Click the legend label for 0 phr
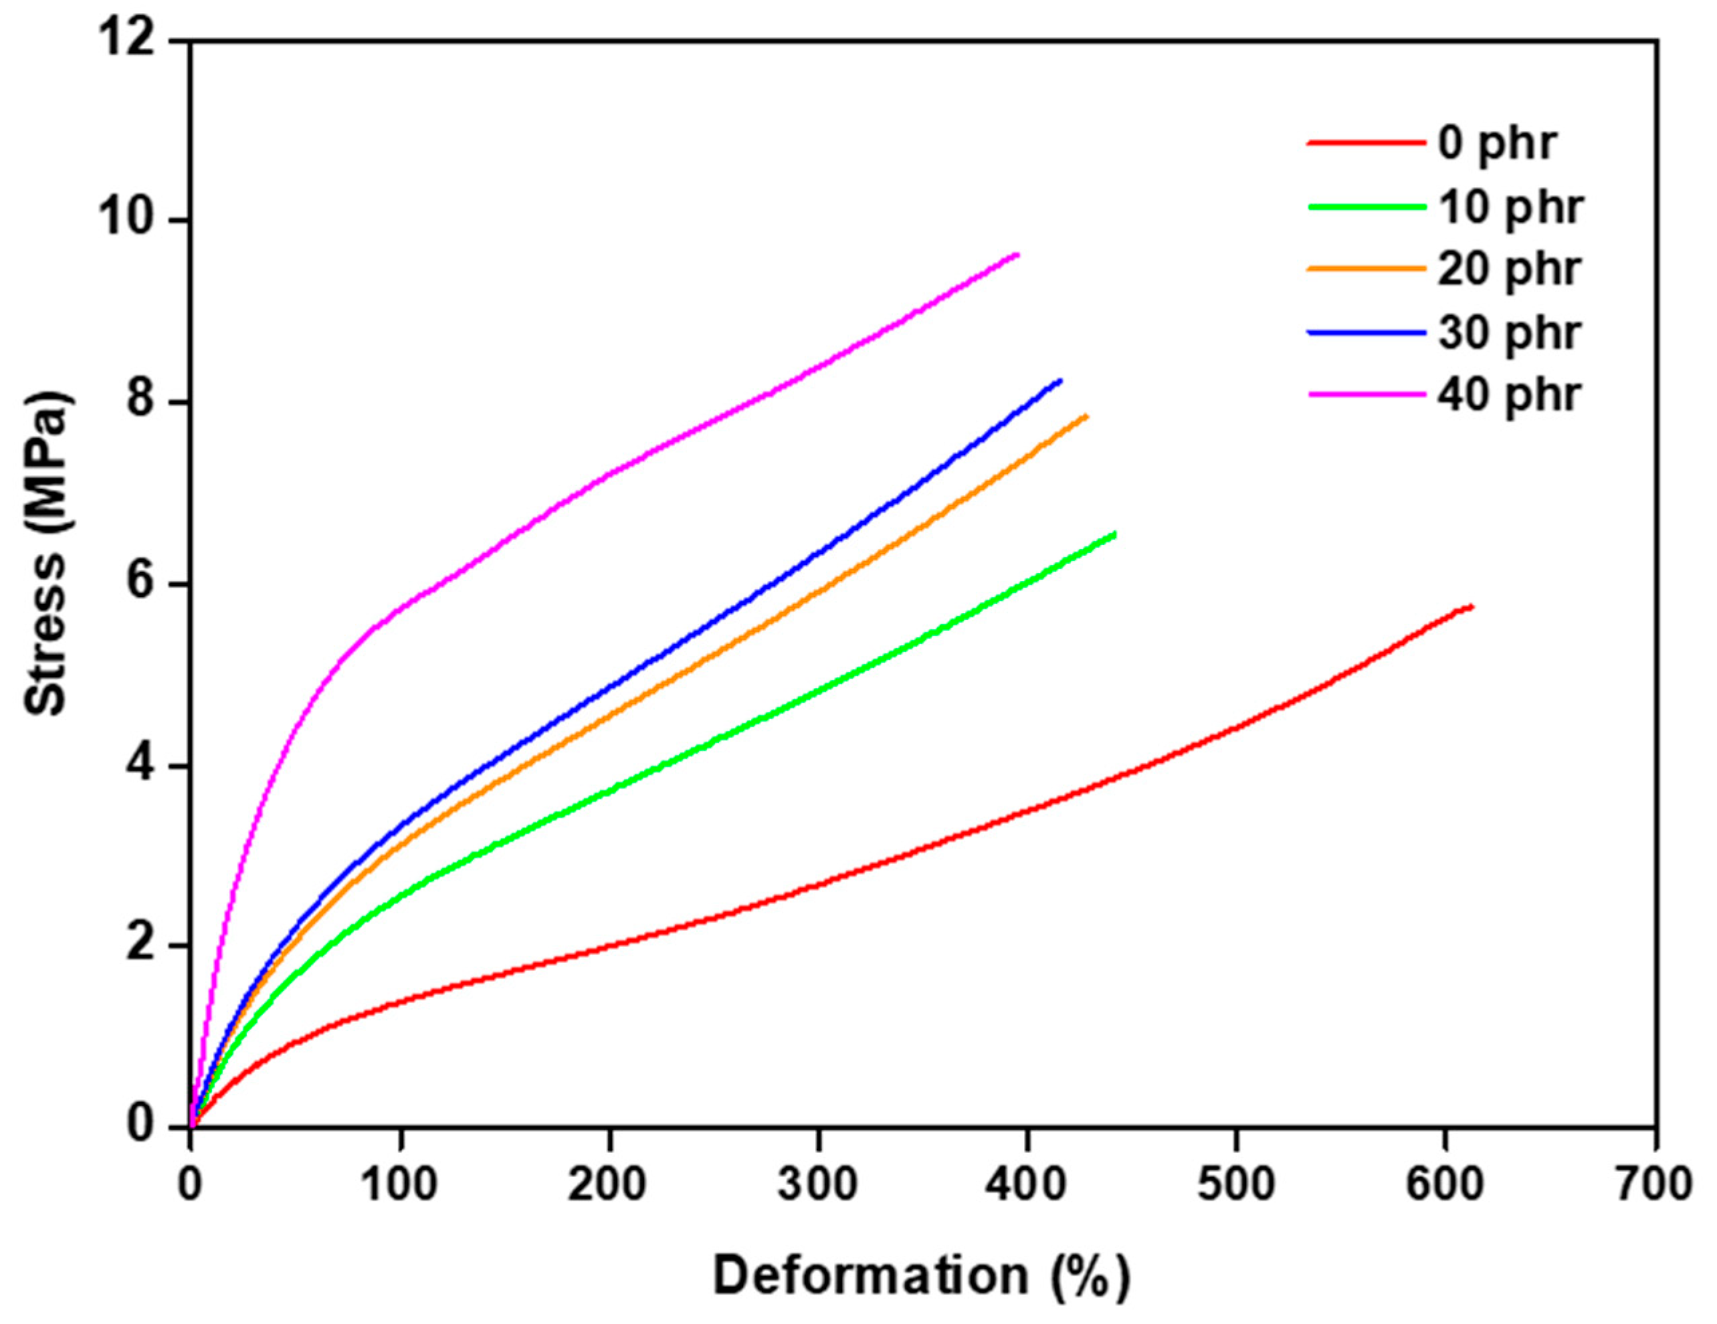click(x=1498, y=144)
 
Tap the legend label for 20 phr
click(x=1510, y=269)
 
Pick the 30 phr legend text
click(x=1510, y=332)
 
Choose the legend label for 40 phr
click(x=1510, y=395)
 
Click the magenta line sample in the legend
click(x=1367, y=395)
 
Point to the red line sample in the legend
click(x=1367, y=144)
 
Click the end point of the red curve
click(x=1472, y=606)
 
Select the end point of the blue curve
click(x=1061, y=380)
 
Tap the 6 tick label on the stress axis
click(x=140, y=584)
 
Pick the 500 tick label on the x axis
click(x=1236, y=1185)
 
